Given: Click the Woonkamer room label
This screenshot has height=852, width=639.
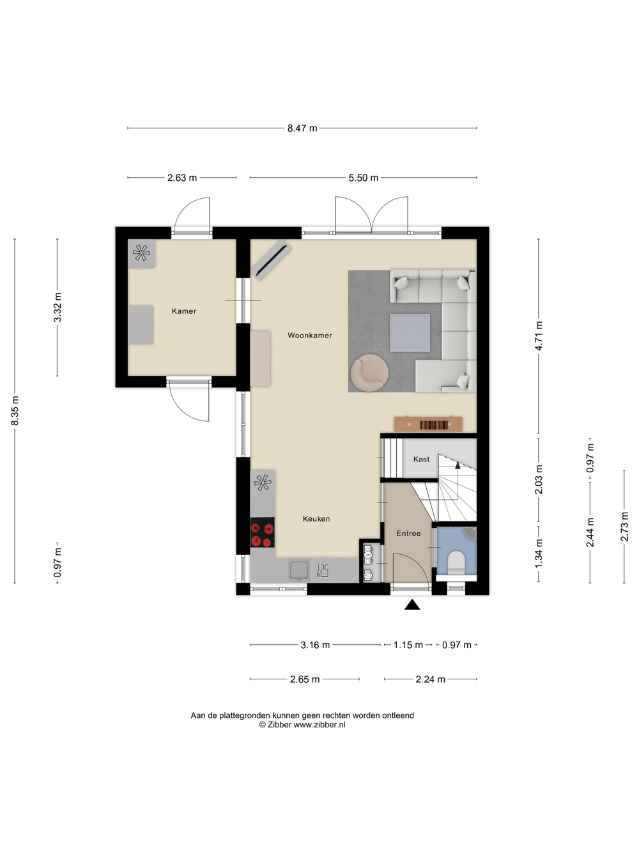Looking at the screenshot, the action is [310, 336].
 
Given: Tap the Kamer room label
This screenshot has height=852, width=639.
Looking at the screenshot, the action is [184, 311].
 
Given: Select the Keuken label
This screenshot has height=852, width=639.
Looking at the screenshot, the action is [316, 518].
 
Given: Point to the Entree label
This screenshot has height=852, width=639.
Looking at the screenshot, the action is [408, 533].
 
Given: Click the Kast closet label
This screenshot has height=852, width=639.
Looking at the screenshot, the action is [421, 459].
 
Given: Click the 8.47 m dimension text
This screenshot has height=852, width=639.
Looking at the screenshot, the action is [302, 128].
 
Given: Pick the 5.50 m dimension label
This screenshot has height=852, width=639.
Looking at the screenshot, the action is [363, 178].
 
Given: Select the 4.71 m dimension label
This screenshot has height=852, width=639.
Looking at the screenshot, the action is [539, 336].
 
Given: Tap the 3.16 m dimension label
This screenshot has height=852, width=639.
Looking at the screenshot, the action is [315, 645].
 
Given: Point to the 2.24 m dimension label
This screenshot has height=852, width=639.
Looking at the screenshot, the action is [430, 679].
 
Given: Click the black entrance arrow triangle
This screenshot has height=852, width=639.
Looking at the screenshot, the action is [412, 605].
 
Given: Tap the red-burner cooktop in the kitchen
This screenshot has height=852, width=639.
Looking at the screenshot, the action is [262, 532].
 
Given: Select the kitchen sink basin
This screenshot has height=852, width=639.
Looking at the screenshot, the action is [298, 570].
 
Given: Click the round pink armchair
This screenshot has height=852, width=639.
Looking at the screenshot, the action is [369, 373].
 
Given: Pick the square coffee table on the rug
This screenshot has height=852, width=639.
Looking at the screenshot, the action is [410, 332].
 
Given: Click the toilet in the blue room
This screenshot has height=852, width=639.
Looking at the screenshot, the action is [456, 562].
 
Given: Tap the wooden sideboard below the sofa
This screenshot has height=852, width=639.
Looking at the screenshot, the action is [428, 424].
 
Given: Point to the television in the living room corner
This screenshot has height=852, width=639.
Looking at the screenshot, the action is [271, 259].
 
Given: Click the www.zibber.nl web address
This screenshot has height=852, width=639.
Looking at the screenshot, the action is [319, 725].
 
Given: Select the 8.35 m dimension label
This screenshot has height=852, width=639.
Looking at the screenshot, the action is [15, 410].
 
